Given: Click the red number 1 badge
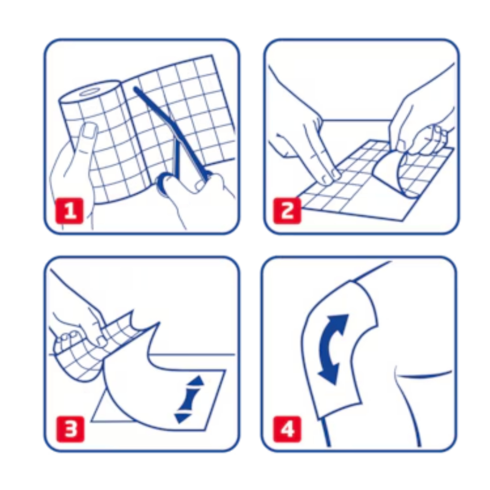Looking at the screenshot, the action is pos(69,211).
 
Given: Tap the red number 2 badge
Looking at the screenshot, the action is pos(287,211).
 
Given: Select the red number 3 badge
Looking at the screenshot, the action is pos(70,429).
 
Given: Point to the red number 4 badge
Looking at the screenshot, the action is pos(287,429).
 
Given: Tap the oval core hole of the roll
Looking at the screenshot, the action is pos(89,93).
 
